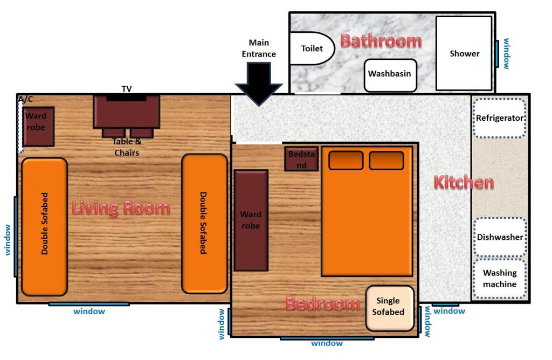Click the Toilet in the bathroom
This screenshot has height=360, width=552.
pyautogui.click(x=312, y=49)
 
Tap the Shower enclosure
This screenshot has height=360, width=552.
pyautogui.click(x=464, y=53)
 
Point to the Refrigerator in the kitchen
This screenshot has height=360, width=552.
pyautogui.click(x=500, y=118)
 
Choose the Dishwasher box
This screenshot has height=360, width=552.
pyautogui.click(x=500, y=237)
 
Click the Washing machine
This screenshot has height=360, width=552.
pyautogui.click(x=500, y=279)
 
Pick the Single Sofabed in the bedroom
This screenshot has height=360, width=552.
pyautogui.click(x=390, y=308)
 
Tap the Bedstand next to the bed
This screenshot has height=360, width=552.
pyautogui.click(x=301, y=159)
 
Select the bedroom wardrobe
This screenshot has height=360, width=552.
pyautogui.click(x=251, y=220)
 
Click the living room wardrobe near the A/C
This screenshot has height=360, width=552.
pyautogui.click(x=38, y=126)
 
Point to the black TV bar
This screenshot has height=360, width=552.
pyautogui.click(x=126, y=98)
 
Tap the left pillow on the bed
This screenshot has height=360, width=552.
pyautogui.click(x=346, y=161)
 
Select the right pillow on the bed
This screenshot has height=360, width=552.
pyautogui.click(x=386, y=161)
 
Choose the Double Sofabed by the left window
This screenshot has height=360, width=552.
pyautogui.click(x=44, y=227)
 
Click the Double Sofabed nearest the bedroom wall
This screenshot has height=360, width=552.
pyautogui.click(x=204, y=224)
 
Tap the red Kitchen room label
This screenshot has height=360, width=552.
pyautogui.click(x=464, y=183)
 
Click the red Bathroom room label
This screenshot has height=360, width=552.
pyautogui.click(x=381, y=41)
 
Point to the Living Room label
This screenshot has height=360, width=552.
pyautogui.click(x=121, y=207)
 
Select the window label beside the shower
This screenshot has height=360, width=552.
pyautogui.click(x=506, y=53)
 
